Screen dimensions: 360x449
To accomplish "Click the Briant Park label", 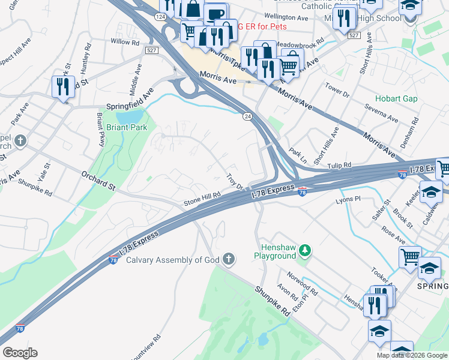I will pyautogui.click(x=125, y=127).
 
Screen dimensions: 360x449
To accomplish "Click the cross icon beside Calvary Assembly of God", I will pyautogui.click(x=228, y=259).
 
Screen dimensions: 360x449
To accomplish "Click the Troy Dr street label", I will pyautogui.click(x=234, y=181).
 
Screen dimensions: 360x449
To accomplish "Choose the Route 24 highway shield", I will pyautogui.click(x=247, y=117).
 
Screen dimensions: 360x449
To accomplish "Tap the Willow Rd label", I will pyautogui.click(x=125, y=42).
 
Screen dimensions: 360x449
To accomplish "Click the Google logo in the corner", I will pyautogui.click(x=20, y=353).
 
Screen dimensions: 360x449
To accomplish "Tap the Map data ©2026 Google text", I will pyautogui.click(x=412, y=355).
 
